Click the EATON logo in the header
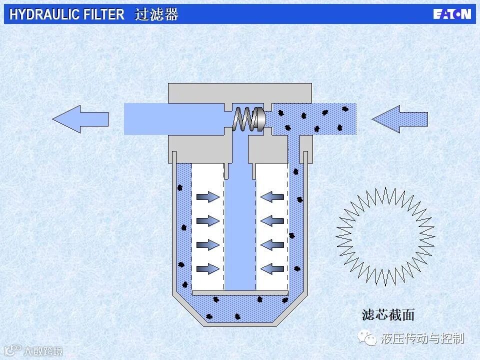[x=451, y=14]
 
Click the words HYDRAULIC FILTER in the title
[x=67, y=14]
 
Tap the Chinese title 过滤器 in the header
[x=156, y=14]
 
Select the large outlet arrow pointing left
[x=80, y=119]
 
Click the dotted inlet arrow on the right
[x=400, y=119]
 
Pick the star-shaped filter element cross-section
[x=385, y=235]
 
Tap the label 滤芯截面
[x=388, y=315]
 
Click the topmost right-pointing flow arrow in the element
[x=207, y=197]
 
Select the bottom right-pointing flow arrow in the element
[x=207, y=269]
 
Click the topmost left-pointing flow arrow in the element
[x=272, y=197]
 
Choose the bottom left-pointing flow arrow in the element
[x=272, y=269]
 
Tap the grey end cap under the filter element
[x=240, y=292]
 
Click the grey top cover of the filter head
[x=240, y=92]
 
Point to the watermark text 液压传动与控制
[x=422, y=338]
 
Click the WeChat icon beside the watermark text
[x=370, y=339]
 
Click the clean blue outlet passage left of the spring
[x=175, y=119]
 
